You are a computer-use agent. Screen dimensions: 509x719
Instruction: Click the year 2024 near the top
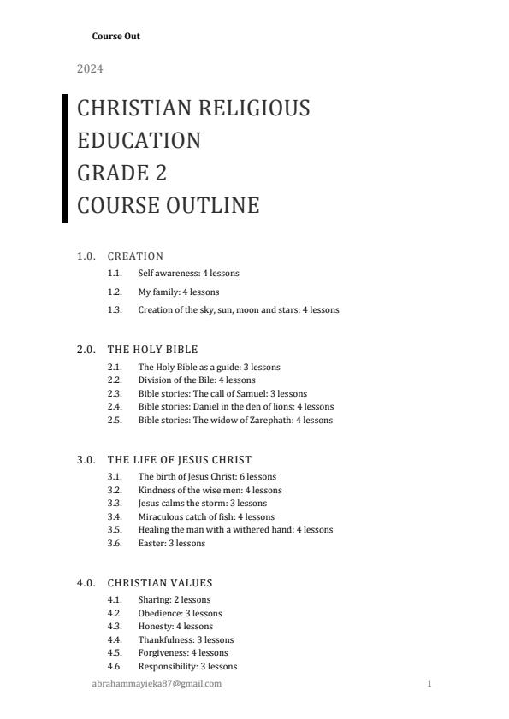pyautogui.click(x=90, y=68)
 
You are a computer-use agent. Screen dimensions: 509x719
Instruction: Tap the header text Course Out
pyautogui.click(x=115, y=37)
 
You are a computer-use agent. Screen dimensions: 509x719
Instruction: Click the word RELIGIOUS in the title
pyautogui.click(x=254, y=109)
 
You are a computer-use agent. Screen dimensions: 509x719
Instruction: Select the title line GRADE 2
pyautogui.click(x=121, y=174)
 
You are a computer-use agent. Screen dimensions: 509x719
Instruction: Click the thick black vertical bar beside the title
pyautogui.click(x=65, y=158)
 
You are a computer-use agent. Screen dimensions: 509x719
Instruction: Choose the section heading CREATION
pyautogui.click(x=135, y=256)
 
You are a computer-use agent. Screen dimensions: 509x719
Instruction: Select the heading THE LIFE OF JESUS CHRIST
pyautogui.click(x=180, y=460)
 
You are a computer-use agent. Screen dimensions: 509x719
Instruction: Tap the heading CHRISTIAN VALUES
pyautogui.click(x=160, y=583)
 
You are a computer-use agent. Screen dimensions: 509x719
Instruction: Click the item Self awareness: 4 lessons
pyautogui.click(x=188, y=274)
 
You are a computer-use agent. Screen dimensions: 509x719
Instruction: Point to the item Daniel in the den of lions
pyautogui.click(x=236, y=407)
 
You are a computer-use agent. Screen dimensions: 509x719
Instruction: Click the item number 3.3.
pyautogui.click(x=115, y=504)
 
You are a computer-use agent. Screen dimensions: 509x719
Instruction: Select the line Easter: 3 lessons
pyautogui.click(x=171, y=544)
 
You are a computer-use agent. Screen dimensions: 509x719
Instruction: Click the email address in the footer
pyautogui.click(x=157, y=684)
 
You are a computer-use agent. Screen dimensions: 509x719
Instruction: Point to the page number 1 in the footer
pyautogui.click(x=429, y=684)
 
